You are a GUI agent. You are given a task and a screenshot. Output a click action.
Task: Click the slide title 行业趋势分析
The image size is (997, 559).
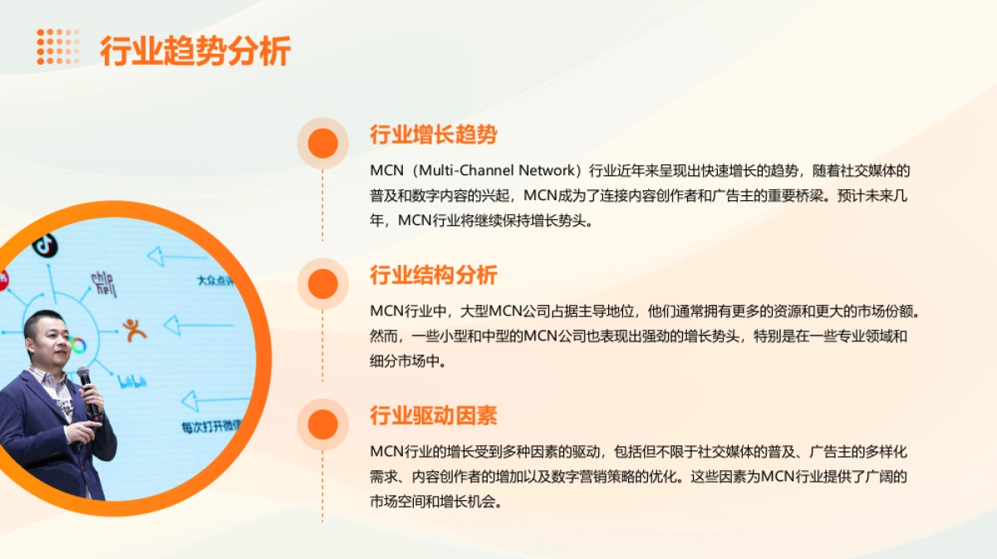[x=195, y=51]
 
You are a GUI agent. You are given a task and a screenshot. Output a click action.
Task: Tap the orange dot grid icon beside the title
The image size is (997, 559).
[x=57, y=47]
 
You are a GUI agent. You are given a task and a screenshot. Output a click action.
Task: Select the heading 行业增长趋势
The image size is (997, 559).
[x=433, y=135]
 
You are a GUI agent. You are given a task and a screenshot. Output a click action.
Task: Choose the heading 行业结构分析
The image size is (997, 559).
[x=433, y=275]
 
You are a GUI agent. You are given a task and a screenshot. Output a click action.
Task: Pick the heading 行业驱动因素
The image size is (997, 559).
[x=433, y=415]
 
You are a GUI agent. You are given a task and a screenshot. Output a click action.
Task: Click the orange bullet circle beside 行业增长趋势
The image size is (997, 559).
[x=322, y=144]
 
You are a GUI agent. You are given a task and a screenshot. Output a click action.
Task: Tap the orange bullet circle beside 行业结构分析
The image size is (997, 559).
[x=322, y=284]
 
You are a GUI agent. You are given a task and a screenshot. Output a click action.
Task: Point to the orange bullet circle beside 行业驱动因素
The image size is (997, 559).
[x=322, y=424]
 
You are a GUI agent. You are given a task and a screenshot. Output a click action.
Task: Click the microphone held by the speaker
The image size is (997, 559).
[x=87, y=386]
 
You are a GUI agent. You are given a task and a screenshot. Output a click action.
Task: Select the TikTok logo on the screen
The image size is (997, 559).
[x=44, y=244]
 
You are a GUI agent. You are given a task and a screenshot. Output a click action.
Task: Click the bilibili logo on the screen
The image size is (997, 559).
[x=132, y=382]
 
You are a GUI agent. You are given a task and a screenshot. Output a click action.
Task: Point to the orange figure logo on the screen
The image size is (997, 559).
[x=133, y=330]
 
